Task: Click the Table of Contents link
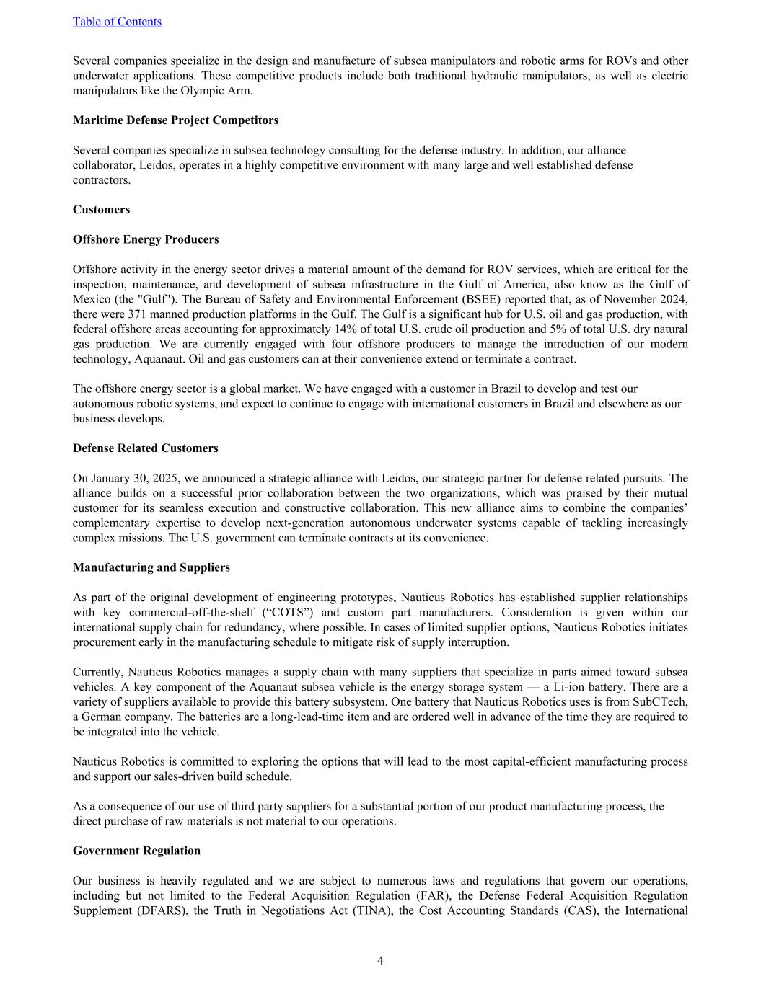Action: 117,22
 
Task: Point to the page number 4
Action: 380,960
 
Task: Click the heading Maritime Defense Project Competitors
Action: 175,120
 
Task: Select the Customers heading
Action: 101,210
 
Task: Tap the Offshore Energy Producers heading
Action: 146,239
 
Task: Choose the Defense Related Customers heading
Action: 145,448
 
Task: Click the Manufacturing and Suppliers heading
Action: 151,567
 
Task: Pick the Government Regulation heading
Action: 136,851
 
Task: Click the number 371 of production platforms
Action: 138,314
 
